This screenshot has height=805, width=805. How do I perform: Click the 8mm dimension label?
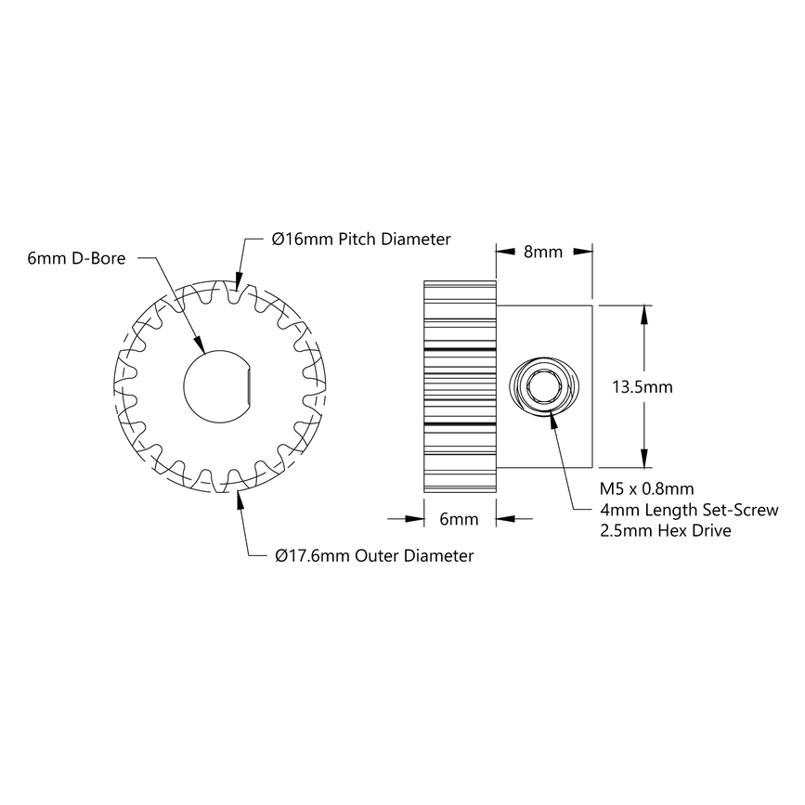(543, 253)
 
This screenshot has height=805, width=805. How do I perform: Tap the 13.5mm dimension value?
(643, 386)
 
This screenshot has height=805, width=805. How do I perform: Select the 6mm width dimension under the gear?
(459, 519)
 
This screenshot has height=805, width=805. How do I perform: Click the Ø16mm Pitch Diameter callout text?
(361, 240)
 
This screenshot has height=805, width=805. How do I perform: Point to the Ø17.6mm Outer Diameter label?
(374, 556)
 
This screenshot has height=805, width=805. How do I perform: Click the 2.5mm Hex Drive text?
(666, 531)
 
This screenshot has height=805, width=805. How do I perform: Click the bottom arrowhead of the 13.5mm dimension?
(643, 461)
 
